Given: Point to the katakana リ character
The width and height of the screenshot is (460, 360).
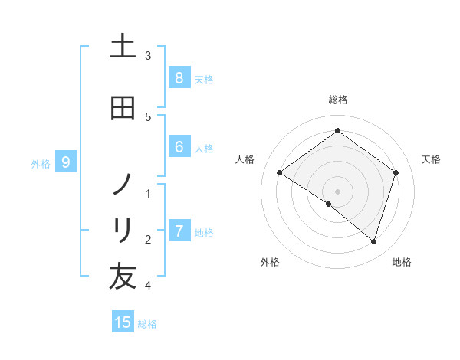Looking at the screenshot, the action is point(123,230).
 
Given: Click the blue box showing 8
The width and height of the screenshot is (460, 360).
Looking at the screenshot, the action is point(179,78).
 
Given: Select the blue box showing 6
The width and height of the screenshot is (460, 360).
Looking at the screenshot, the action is point(179,147).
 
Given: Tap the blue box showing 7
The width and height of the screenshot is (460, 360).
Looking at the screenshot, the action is point(179,231).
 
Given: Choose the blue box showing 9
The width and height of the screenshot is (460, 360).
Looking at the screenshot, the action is point(66,162).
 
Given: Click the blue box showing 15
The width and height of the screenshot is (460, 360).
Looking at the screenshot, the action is point(123,322).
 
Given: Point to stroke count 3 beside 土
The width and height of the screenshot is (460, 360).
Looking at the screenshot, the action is point(148,56).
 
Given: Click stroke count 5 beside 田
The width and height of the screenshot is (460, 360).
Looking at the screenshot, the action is point(148,116).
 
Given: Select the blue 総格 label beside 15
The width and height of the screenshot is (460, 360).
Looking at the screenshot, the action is point(147,324).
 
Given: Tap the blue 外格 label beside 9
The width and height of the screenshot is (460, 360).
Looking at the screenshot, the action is point(41,163).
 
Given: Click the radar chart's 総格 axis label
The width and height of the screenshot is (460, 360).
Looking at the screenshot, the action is point(337,100).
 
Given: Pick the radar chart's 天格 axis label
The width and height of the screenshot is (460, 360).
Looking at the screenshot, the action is point(432,159).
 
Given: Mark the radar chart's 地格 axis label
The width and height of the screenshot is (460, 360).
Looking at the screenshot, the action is point(402,262).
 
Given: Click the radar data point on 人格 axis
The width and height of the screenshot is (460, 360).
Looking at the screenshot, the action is point(279,173).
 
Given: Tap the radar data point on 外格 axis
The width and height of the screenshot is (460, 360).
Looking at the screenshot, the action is point(329,204).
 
